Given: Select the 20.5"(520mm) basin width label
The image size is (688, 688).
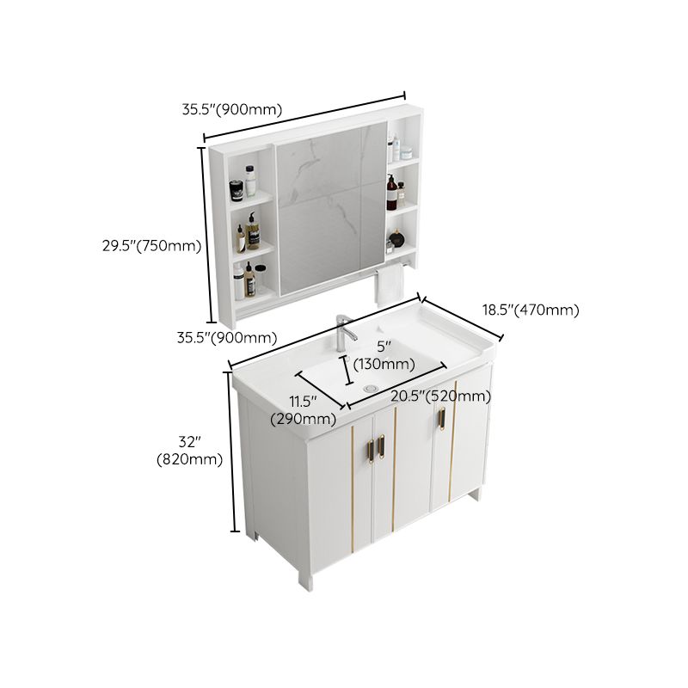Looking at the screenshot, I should click(x=440, y=396).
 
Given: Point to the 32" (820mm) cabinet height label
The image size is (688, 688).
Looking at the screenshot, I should click(x=189, y=450).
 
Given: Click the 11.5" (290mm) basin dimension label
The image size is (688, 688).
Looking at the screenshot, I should click(x=303, y=410).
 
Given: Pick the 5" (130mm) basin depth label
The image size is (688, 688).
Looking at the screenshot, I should click(x=384, y=355).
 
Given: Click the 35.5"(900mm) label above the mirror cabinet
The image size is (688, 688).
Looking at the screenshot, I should click(x=231, y=110).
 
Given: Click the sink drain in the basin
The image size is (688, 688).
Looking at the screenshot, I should click(x=372, y=389).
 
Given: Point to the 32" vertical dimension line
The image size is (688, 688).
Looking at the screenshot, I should click(x=232, y=451).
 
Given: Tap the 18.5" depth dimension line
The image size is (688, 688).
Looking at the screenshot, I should click(x=460, y=318).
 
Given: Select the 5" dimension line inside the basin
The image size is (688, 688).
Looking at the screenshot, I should click(x=348, y=371).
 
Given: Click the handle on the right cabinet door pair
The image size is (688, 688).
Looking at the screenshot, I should click(x=442, y=418).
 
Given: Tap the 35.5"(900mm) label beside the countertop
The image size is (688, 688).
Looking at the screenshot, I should click(x=227, y=337).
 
